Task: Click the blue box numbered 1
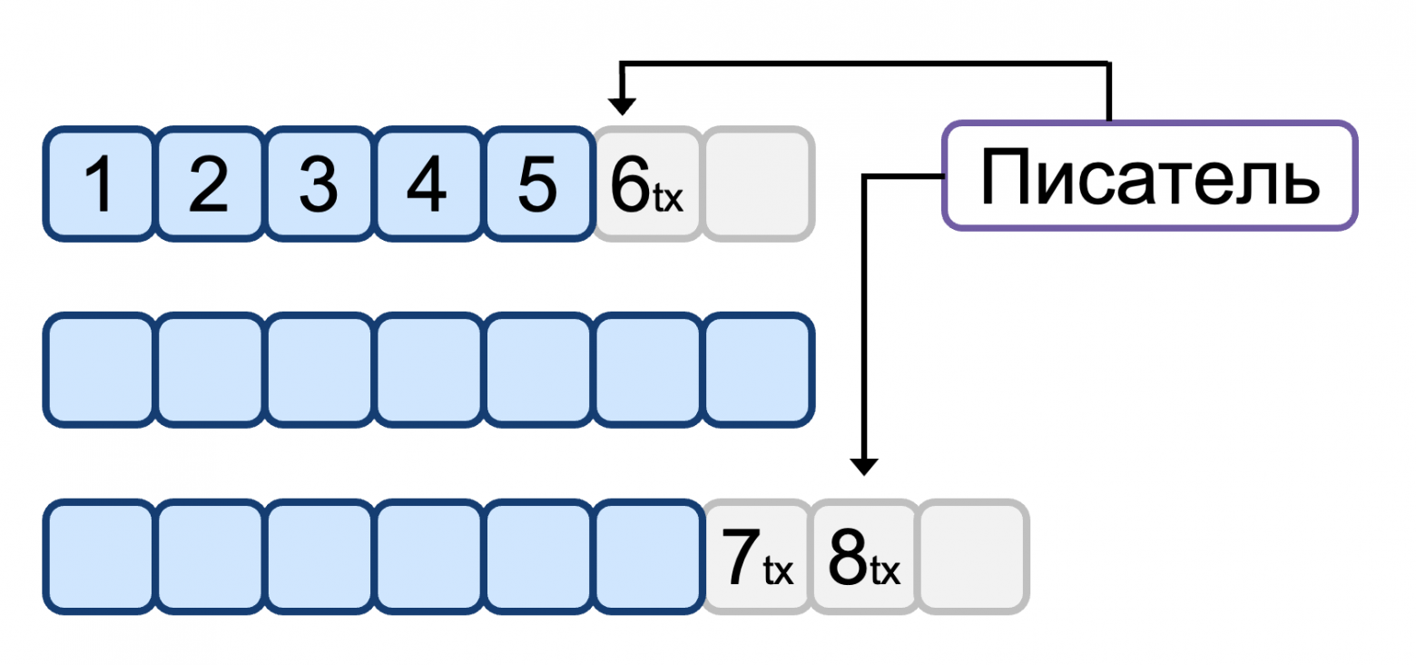click(99, 184)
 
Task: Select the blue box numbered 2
click(210, 184)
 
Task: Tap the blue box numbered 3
click(320, 184)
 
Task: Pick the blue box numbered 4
click(428, 184)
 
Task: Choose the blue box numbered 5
click(537, 184)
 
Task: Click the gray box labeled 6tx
click(647, 184)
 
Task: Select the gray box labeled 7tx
click(756, 556)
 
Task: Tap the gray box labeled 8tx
click(865, 556)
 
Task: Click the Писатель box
click(1150, 175)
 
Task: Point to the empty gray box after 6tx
click(757, 184)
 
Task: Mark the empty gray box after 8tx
click(974, 556)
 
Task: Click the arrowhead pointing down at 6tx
click(622, 106)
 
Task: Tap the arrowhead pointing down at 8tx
click(864, 466)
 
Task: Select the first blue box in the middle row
click(99, 369)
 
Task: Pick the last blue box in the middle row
click(757, 369)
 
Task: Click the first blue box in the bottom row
click(99, 556)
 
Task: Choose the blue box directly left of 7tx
click(648, 556)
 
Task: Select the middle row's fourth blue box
click(428, 369)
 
